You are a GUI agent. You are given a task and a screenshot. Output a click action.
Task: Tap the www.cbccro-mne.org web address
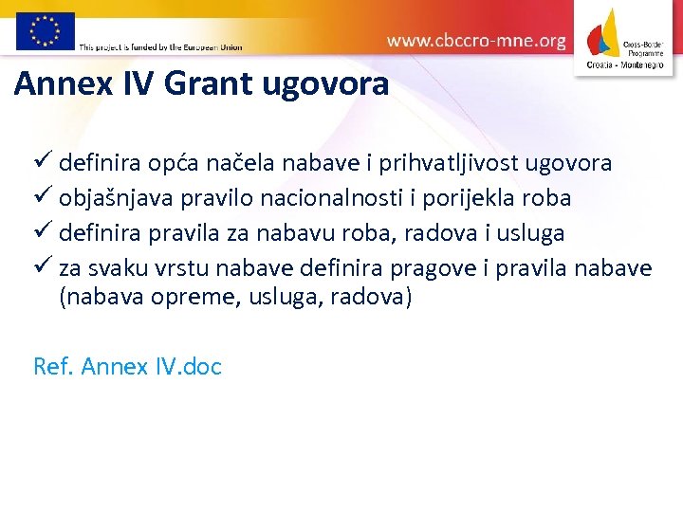coord(476,41)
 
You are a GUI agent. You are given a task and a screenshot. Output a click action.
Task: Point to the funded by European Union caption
coord(160,46)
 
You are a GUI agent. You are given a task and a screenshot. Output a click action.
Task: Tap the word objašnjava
coord(123,198)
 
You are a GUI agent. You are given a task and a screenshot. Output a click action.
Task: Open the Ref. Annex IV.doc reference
coord(127,366)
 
